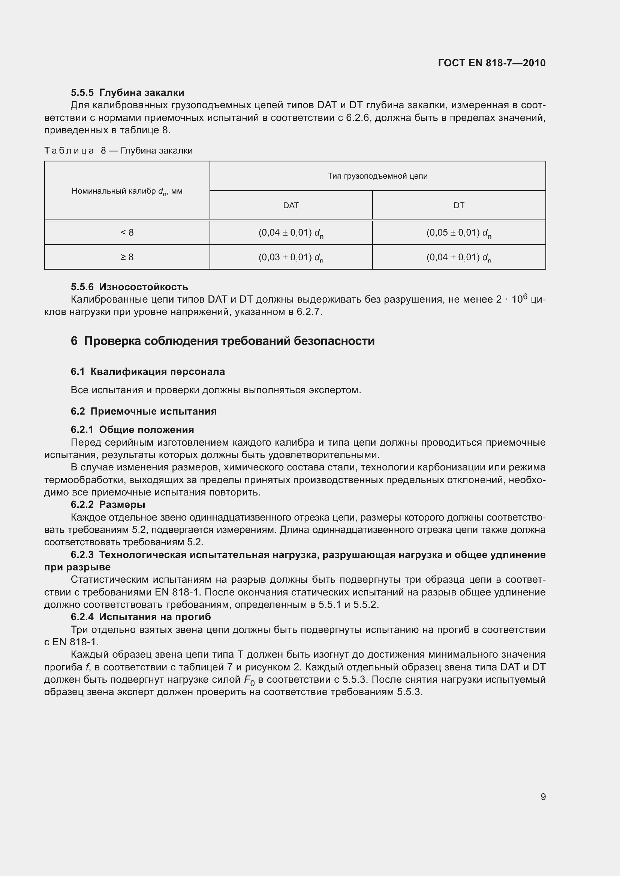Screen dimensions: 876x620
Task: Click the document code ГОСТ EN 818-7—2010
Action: pyautogui.click(x=492, y=63)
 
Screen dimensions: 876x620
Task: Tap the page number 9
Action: pyautogui.click(x=543, y=797)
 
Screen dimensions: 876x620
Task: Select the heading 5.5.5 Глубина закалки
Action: pyautogui.click(x=127, y=93)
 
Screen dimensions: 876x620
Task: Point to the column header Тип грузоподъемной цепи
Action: pyautogui.click(x=377, y=176)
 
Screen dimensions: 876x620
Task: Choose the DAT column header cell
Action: pyautogui.click(x=291, y=206)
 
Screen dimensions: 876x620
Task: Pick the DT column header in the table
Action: pyautogui.click(x=458, y=206)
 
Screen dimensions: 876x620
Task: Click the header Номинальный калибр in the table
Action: pyautogui.click(x=127, y=191)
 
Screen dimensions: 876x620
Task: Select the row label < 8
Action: pyautogui.click(x=127, y=232)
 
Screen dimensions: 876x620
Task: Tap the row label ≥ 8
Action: pyautogui.click(x=127, y=257)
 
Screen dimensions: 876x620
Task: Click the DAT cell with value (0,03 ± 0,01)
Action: pyautogui.click(x=291, y=258)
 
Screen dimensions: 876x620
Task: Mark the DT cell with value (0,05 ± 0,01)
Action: pyautogui.click(x=458, y=233)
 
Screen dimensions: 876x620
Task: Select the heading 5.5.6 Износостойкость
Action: pyautogui.click(x=129, y=287)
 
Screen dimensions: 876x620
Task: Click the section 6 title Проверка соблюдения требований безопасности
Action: pyautogui.click(x=223, y=341)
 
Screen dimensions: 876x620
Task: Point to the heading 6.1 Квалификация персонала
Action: pyautogui.click(x=148, y=372)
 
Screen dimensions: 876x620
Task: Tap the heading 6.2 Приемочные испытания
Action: pyautogui.click(x=144, y=411)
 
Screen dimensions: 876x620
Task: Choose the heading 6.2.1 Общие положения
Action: pyautogui.click(x=132, y=430)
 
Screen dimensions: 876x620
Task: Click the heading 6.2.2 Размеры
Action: pyautogui.click(x=108, y=504)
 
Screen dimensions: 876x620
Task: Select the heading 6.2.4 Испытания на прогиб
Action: pyautogui.click(x=141, y=617)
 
